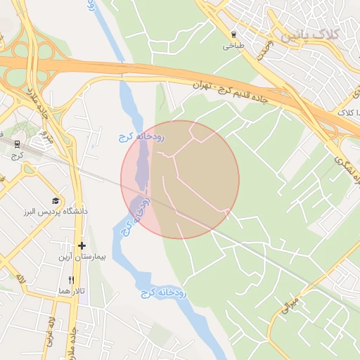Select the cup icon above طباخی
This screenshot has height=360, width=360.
pos(233,34)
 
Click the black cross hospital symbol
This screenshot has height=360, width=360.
pos(82,246)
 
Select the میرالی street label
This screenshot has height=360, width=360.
pos(291,304)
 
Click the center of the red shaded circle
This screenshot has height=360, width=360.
pos(180,179)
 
